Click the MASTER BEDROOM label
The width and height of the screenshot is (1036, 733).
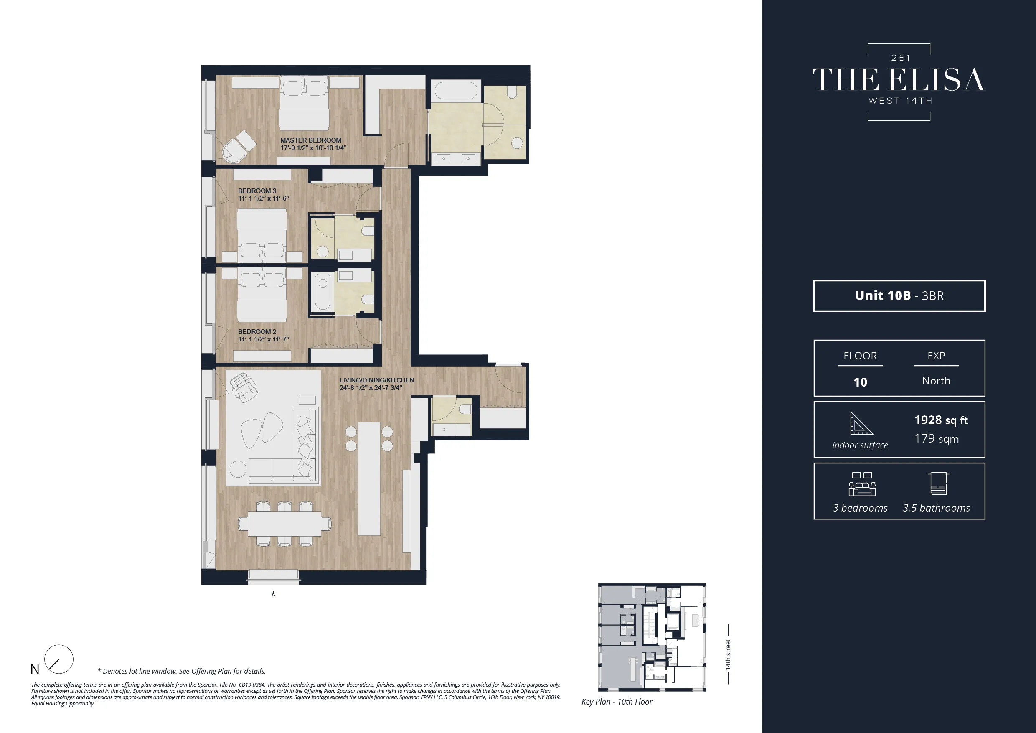coord(310,140)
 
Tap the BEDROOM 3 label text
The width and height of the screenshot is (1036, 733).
coord(257,191)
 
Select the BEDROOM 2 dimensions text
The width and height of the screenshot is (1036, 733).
coord(264,339)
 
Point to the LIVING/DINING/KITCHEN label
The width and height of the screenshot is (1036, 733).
coord(376,380)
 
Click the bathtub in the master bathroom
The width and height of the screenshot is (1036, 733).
coord(455,90)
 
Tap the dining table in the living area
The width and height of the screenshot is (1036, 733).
coord(284,524)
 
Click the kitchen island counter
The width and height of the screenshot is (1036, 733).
coord(368,478)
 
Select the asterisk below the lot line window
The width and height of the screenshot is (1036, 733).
coord(273,594)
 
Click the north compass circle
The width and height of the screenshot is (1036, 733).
coord(58,659)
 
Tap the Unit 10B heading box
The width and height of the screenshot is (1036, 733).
coord(899,295)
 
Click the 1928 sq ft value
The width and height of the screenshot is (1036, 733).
coord(941,420)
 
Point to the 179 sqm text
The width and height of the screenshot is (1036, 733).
coord(936,439)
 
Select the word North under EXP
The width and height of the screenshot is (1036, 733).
coord(936,381)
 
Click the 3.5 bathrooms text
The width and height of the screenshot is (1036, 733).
coord(936,508)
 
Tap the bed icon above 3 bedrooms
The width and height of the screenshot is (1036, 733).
coord(862,484)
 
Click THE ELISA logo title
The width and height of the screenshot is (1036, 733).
coord(899,80)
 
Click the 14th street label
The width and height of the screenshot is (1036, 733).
coord(728,654)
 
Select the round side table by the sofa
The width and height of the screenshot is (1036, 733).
coord(238,469)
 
